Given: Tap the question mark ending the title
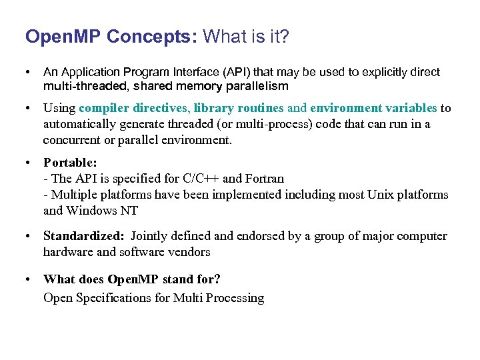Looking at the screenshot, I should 285,37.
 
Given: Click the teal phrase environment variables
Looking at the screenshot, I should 373,109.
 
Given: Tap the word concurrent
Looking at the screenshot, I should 71,140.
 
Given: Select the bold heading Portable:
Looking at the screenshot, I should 70,163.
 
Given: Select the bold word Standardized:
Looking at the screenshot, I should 83,236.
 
